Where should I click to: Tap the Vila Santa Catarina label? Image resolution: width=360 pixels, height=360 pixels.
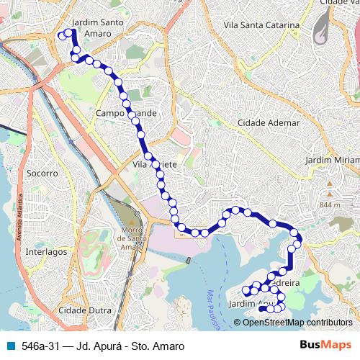(261, 25)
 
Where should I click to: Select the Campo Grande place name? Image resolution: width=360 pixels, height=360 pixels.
(125, 114)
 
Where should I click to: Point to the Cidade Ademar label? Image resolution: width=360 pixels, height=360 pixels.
(269, 123)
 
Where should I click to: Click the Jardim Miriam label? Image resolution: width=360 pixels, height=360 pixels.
(332, 159)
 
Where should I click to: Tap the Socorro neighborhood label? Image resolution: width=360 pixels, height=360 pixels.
(41, 174)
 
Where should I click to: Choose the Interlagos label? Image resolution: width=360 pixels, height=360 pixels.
(45, 252)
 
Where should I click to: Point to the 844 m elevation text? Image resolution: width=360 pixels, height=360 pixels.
(329, 205)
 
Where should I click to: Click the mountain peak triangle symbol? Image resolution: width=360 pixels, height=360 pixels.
(329, 194)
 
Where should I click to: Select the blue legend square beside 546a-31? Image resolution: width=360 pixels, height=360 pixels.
(9, 346)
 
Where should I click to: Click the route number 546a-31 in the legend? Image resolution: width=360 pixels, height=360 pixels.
(42, 346)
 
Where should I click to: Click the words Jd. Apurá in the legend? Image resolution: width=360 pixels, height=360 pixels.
(102, 346)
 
